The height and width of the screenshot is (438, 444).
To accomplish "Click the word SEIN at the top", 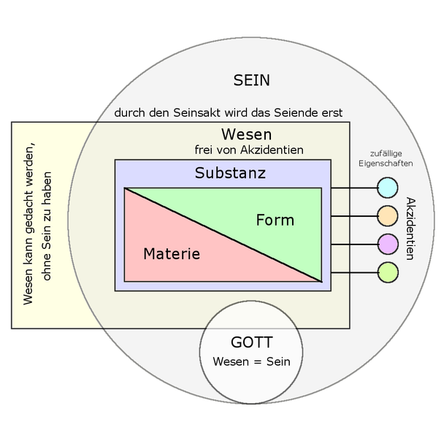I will [x=250, y=80].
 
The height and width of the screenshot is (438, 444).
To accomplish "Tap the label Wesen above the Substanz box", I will [x=246, y=135].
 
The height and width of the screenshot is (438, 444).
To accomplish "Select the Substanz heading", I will [x=230, y=174].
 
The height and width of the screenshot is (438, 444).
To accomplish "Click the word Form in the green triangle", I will [x=275, y=220].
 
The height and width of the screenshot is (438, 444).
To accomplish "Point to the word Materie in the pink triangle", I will [x=172, y=254].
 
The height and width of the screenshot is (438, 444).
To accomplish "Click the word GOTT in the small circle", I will [x=251, y=342].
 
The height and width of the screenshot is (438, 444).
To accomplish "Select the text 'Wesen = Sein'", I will [x=251, y=361].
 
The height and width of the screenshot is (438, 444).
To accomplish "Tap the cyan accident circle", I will [x=387, y=188].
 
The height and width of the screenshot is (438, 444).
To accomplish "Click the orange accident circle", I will [x=387, y=215].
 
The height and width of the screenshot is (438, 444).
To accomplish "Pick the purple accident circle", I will [x=387, y=244].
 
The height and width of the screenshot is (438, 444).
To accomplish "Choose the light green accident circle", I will [x=387, y=272].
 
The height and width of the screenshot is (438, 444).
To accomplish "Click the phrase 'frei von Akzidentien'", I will [x=248, y=150].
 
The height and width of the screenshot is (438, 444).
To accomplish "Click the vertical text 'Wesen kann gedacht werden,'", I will [x=29, y=226].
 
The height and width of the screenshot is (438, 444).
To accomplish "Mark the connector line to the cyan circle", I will [x=353, y=188].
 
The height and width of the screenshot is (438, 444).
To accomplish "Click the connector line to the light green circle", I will [x=353, y=272].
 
